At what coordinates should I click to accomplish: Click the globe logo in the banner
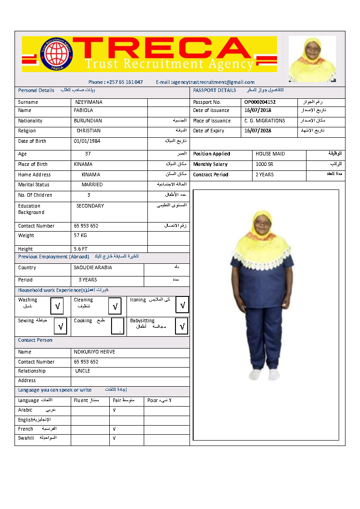pos(57,54)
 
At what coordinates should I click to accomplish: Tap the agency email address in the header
pos(205,82)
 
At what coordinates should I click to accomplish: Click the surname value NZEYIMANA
pos(89,102)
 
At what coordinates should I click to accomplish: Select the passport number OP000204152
pos(260,102)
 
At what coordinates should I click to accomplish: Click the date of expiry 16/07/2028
pos(258,131)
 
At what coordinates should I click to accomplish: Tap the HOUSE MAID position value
pos(270,154)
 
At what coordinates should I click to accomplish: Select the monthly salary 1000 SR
pos(264,165)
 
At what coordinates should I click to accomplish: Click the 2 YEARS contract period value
pos(265,175)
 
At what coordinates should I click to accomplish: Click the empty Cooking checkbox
pos(117,326)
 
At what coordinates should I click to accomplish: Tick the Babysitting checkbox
pos(181,326)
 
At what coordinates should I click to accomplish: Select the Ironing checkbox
pos(182,305)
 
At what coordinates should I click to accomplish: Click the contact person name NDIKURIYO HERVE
pos(94,352)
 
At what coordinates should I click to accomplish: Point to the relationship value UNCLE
pos(83,371)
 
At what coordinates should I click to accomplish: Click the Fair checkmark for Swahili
pos(114,438)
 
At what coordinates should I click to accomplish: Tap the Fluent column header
pos(82,401)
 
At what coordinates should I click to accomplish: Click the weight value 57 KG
pos(80,236)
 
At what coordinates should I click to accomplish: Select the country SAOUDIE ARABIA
pos(93,268)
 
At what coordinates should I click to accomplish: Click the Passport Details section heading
pos(214,91)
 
